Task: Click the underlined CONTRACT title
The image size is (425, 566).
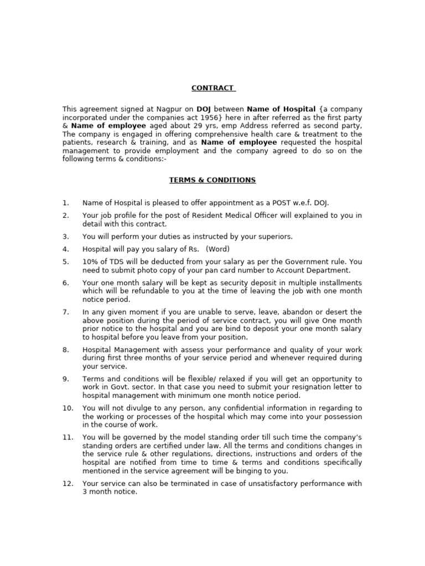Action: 212,88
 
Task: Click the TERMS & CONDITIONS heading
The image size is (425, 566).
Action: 212,180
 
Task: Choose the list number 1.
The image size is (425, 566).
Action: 65,203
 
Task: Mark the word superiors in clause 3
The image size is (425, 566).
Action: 274,237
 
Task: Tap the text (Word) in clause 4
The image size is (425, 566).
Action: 217,249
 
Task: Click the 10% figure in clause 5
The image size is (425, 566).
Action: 90,262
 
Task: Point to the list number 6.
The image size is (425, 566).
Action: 65,283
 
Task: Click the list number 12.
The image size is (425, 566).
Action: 68,484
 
